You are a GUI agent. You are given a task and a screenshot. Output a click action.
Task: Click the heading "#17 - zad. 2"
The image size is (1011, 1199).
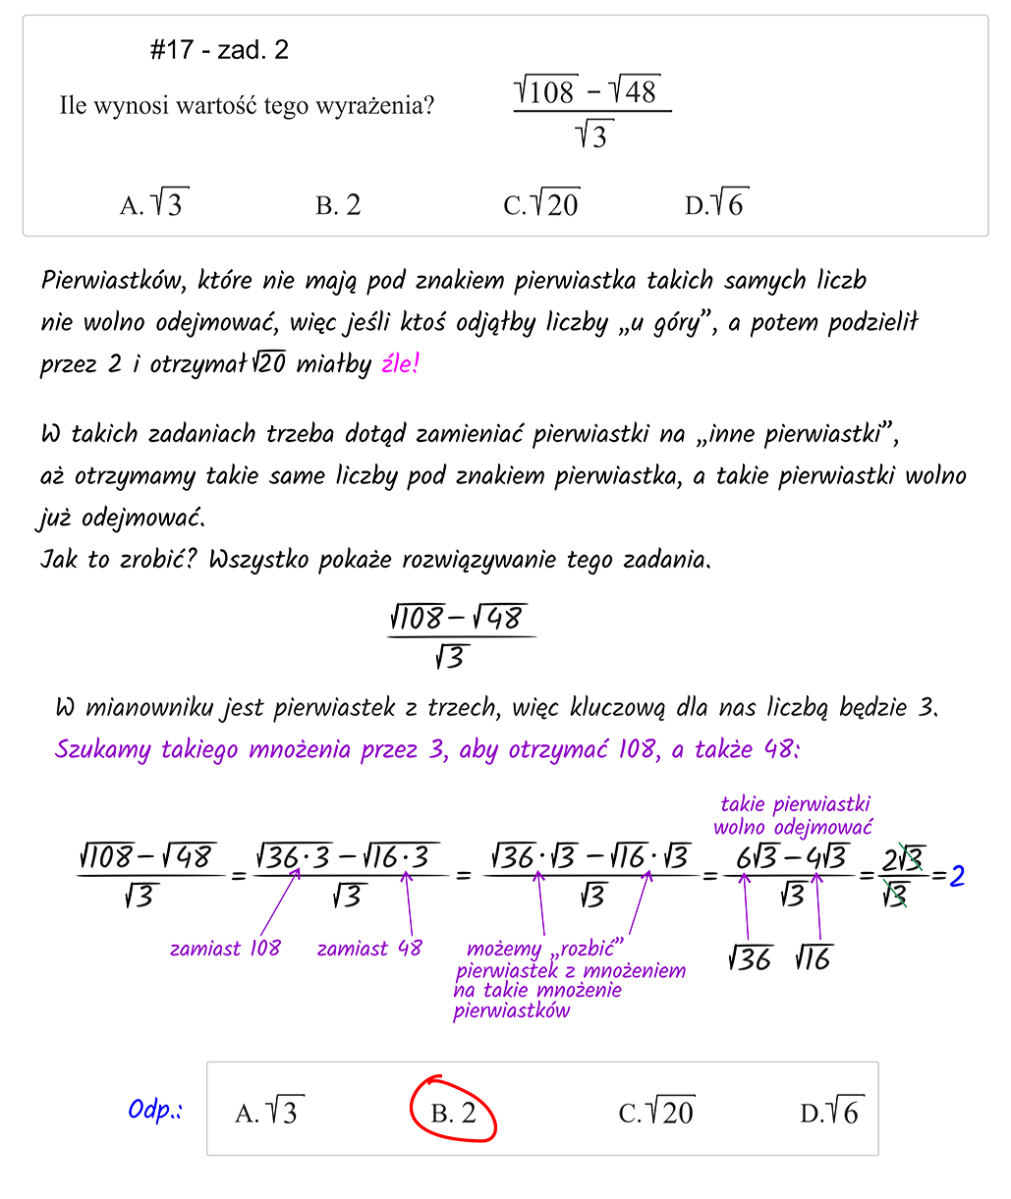[219, 51]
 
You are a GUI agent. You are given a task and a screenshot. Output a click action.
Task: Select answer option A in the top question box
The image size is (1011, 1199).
[154, 204]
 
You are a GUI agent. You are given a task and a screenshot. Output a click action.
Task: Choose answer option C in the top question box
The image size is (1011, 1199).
[540, 204]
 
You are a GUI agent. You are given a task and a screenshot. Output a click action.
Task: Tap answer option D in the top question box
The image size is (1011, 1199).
[716, 204]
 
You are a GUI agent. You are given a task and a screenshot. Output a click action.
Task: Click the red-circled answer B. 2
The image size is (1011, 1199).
[453, 1113]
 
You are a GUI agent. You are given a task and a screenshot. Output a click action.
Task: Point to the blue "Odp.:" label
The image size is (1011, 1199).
[154, 1111]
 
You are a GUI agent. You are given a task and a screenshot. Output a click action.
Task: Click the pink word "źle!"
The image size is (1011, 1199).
[400, 365]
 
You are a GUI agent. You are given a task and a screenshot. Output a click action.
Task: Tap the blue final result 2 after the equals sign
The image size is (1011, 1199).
[956, 874]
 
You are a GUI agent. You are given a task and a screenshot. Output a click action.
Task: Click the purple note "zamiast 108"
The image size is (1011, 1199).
[225, 949]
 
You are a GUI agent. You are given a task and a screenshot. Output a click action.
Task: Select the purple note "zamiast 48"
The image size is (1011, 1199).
[369, 949]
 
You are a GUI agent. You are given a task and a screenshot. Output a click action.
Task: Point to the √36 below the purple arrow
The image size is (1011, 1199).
[749, 957]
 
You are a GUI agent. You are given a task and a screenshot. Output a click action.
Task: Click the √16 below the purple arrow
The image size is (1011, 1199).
[813, 957]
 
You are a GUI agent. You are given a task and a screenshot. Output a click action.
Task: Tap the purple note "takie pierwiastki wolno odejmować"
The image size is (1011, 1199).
[793, 816]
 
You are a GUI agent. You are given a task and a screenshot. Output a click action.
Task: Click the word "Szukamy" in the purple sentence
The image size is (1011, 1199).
[103, 750]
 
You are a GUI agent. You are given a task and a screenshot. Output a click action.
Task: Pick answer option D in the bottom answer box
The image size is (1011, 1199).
[829, 1113]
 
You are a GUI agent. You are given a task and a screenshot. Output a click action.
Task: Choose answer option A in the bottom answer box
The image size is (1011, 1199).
[266, 1113]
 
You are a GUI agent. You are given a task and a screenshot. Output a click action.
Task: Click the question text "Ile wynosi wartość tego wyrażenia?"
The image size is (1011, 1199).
[247, 106]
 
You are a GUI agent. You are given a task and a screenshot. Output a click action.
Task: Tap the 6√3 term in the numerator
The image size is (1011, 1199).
[758, 858]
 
